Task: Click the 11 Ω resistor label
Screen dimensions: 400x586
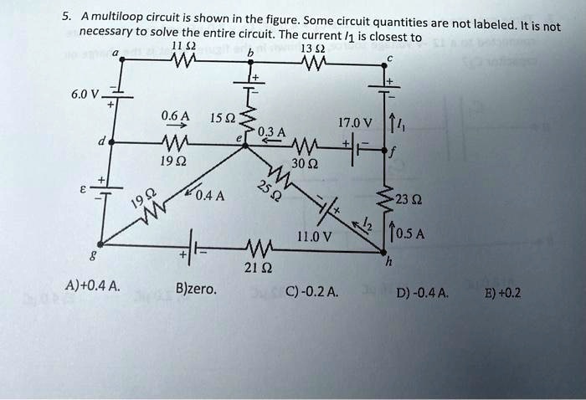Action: [178, 46]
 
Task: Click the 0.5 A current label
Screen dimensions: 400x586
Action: [416, 233]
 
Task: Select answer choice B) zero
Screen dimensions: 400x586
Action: [197, 290]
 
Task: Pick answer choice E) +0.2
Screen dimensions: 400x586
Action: [505, 292]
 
